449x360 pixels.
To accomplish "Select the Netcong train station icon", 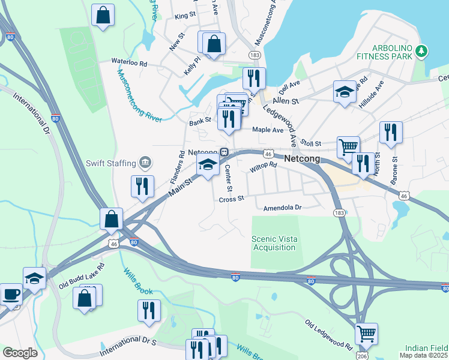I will coord(224,152).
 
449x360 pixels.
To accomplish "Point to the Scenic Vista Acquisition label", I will coord(274,243).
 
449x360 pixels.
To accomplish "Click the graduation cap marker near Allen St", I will coord(344,92).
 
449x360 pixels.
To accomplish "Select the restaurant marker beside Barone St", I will coord(391,132).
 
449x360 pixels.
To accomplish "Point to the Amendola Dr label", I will coord(282,208).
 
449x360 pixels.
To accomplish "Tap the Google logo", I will coord(20,352).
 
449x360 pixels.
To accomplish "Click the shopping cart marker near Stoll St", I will coord(348,146).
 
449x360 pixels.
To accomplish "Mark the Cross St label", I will coord(232,199).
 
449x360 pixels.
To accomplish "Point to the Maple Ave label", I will coord(268,129).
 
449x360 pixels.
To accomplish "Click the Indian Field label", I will coord(426,348).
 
